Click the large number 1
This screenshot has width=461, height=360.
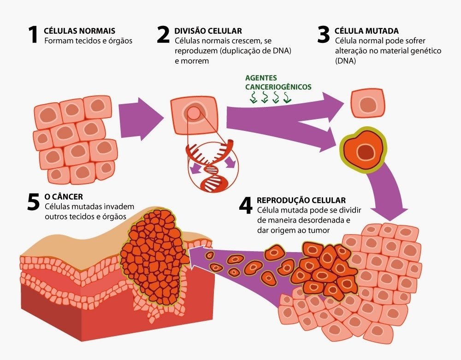pos(33,35)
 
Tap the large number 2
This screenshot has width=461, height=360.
pos(163,35)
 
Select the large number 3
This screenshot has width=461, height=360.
pos(324,35)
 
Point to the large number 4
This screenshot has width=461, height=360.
pos(246,205)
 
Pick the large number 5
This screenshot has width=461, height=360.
pos(33,202)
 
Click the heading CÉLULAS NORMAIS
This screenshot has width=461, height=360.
pos(79,31)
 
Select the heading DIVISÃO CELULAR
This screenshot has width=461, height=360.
pos(208,31)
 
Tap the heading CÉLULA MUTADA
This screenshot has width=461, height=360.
pos(366,31)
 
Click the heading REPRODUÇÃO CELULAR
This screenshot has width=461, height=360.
pos(301,200)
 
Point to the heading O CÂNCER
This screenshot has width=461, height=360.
pos(64,197)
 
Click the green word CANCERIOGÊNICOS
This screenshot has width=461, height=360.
pos(278,87)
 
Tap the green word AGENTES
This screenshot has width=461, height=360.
pos(261,78)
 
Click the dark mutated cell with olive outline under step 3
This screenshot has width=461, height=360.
pos(363,150)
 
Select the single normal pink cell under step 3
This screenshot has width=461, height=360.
pos(367,103)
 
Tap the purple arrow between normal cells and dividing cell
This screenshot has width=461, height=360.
pos(141,119)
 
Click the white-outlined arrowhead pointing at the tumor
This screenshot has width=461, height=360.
pos(196,257)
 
